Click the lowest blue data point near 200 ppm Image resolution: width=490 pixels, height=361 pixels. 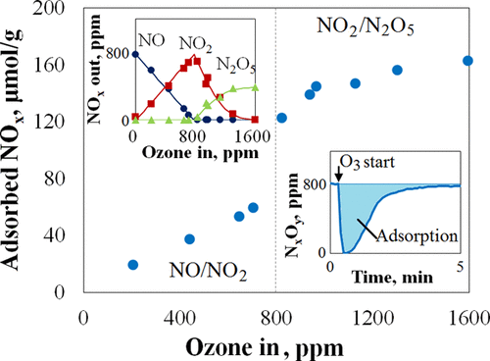tap(133, 265)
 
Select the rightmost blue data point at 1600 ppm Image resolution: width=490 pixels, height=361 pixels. tap(467, 61)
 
